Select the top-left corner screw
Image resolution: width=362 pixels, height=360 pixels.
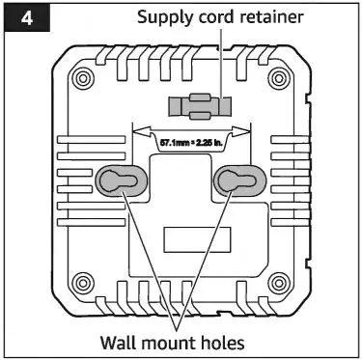(82, 77)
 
